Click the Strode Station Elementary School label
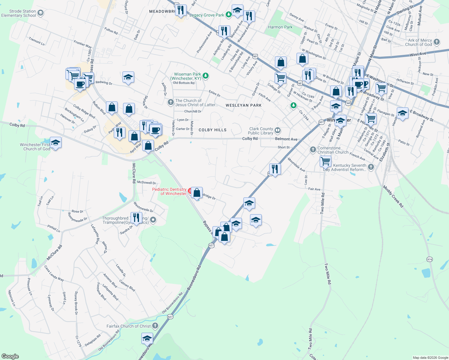(x=19, y=13)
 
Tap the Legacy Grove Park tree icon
(x=229, y=14)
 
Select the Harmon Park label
(x=280, y=27)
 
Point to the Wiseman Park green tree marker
(x=206, y=76)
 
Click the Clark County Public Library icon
(x=278, y=130)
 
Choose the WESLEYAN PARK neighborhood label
(x=243, y=105)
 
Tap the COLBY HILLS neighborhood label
(x=212, y=130)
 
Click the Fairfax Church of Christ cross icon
(x=155, y=325)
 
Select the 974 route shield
(x=429, y=259)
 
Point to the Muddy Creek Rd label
(x=393, y=196)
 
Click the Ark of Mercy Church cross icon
(x=437, y=42)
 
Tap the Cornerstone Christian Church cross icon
(x=313, y=149)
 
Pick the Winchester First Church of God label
(x=35, y=147)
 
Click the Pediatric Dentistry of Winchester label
(x=169, y=191)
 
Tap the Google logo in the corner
(x=10, y=356)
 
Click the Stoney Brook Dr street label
(x=76, y=303)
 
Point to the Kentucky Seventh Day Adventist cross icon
(x=371, y=167)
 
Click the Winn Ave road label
(x=418, y=55)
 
